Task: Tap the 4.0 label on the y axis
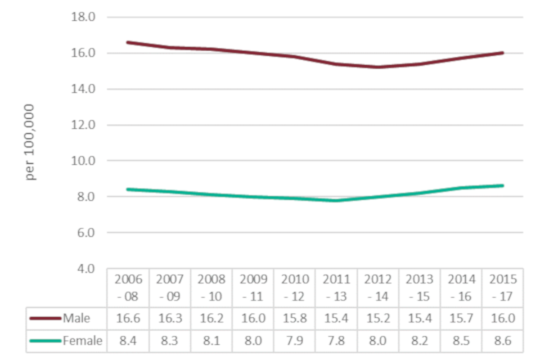(x=84, y=268)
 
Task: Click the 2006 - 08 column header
(x=128, y=287)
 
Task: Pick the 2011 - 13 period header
(x=336, y=287)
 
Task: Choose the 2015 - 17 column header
(x=503, y=287)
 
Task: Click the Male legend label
(x=76, y=318)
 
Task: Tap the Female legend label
(x=83, y=340)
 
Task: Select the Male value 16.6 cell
(x=128, y=318)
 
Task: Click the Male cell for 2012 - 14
(x=378, y=318)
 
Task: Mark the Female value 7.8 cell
(x=336, y=340)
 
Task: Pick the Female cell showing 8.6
(x=503, y=340)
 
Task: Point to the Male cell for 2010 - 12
(x=295, y=318)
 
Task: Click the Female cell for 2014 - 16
(x=461, y=340)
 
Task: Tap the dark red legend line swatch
(x=45, y=318)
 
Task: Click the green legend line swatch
(x=45, y=340)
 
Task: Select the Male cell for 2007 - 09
(x=170, y=318)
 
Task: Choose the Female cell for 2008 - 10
(x=211, y=340)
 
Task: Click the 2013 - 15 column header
(x=420, y=287)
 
